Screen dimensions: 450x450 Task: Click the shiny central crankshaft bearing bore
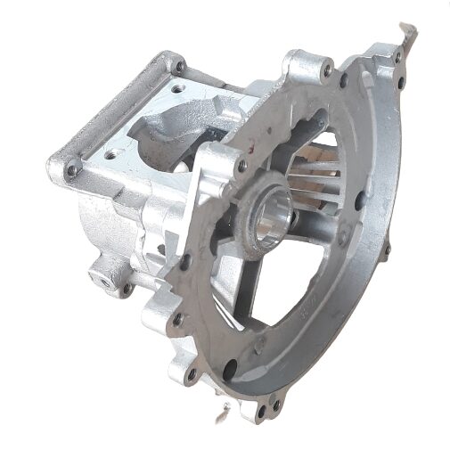point(271,218)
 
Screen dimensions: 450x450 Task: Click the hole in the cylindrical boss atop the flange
point(327,69)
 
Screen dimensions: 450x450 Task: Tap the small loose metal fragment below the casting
point(225,412)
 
